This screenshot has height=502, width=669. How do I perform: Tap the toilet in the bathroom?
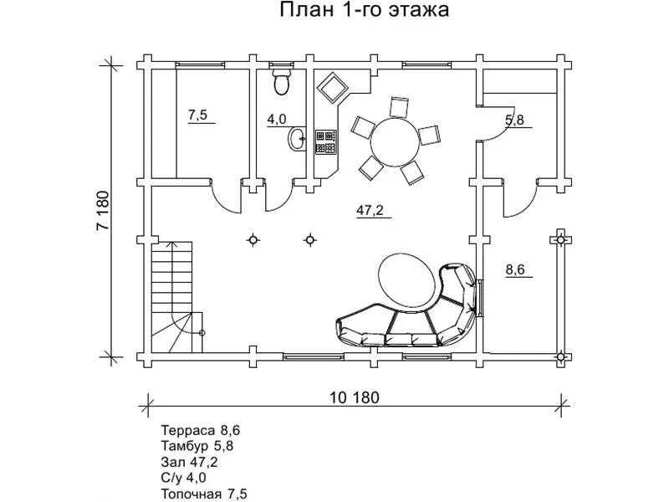click(282, 82)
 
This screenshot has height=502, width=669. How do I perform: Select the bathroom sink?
click(296, 140)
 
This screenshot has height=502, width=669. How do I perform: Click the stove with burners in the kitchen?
click(325, 141)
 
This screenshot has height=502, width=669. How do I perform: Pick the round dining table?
click(392, 141)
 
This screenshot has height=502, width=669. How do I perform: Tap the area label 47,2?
click(370, 211)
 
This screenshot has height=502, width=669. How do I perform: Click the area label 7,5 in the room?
click(197, 116)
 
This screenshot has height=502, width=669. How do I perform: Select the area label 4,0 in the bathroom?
click(277, 120)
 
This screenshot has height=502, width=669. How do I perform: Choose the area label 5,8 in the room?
click(514, 120)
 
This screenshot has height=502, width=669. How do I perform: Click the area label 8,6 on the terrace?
click(515, 269)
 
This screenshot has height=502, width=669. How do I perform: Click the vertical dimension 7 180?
click(104, 213)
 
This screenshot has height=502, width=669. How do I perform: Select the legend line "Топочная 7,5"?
click(205, 494)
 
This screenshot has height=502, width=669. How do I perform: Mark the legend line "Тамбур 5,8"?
click(197, 446)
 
